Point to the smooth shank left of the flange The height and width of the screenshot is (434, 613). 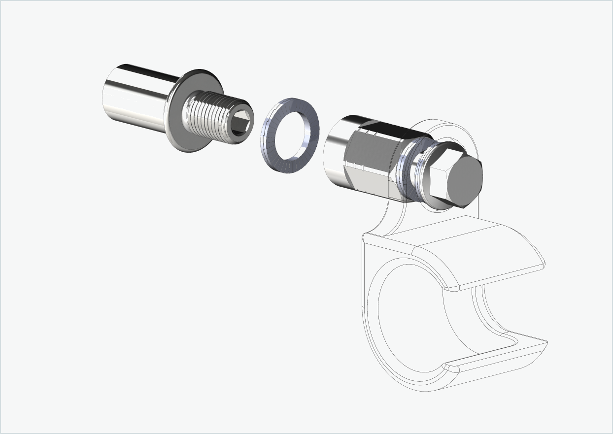coord(133,103)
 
